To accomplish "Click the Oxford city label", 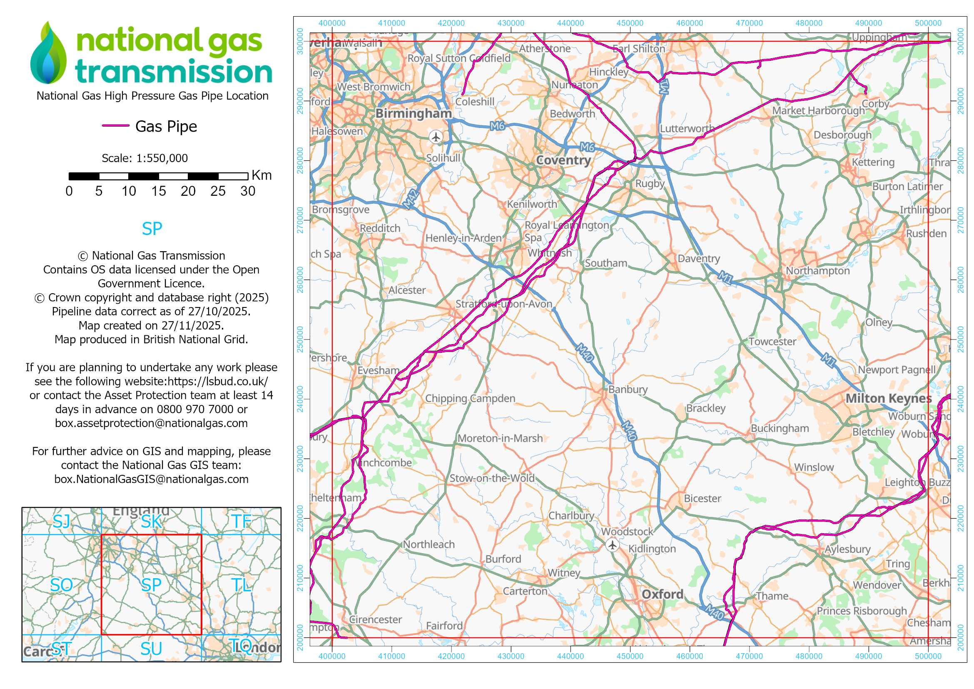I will [662, 594].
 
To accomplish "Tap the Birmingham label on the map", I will [414, 113].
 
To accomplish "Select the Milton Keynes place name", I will [888, 398].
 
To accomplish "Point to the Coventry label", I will [563, 160].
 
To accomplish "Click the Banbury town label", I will [628, 389].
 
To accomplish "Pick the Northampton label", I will [817, 271].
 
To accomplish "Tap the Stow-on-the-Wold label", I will [492, 478].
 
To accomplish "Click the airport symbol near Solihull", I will [436, 137].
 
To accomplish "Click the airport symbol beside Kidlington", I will [612, 545].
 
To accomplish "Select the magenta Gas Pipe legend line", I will [115, 125].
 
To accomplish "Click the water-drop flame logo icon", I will [48, 52].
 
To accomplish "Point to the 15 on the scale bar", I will [158, 191].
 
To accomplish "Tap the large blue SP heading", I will [152, 229].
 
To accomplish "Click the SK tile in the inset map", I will [151, 522].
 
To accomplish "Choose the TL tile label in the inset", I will [242, 585].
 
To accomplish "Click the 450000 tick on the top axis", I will [630, 23].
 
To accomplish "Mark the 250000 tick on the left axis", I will [300, 340].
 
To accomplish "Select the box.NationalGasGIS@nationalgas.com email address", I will [151, 479].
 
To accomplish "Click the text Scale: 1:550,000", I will [144, 158].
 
